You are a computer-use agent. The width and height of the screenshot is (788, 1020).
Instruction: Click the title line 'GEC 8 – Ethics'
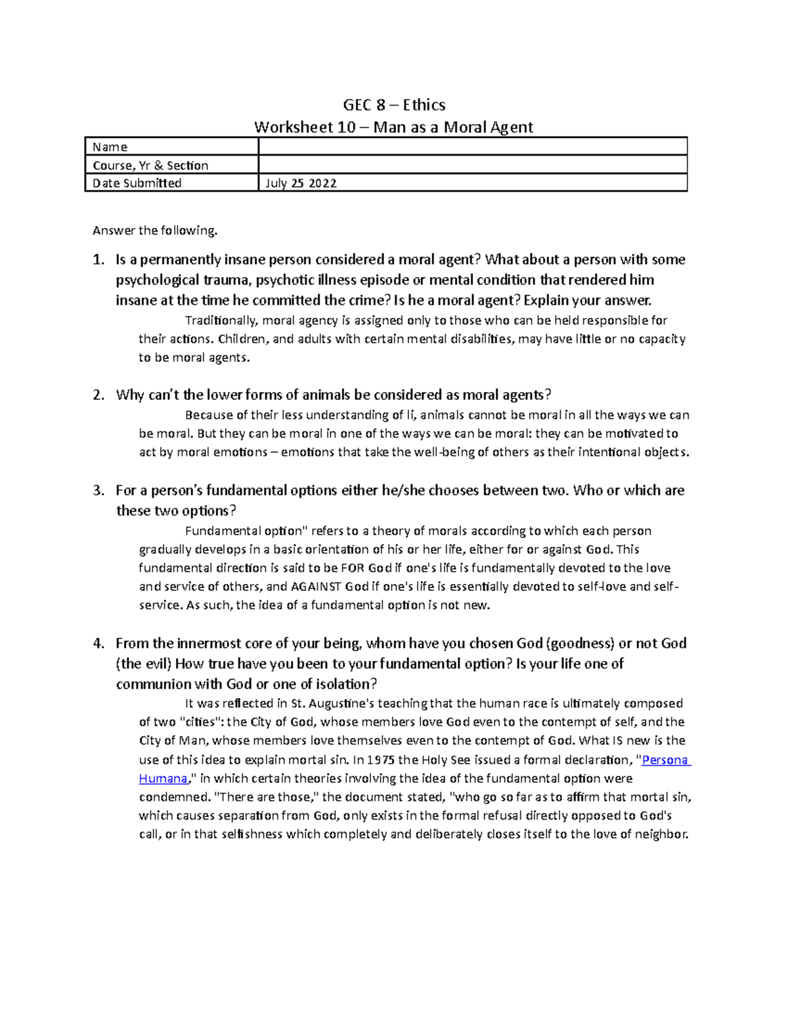394,105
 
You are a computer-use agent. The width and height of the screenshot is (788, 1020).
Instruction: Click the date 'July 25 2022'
301,183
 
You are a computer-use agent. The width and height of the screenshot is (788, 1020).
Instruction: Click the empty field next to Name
473,146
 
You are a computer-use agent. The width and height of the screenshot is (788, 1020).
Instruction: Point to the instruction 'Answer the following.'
154,231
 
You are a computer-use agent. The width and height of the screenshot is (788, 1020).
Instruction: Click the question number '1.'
98,260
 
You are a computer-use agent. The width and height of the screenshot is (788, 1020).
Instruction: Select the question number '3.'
98,491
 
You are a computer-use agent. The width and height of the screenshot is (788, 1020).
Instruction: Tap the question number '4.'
98,644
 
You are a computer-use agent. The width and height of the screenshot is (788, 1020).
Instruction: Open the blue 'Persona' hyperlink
665,760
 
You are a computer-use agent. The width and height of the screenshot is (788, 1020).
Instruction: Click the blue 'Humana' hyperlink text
164,778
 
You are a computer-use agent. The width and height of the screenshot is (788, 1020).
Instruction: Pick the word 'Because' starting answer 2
209,415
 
